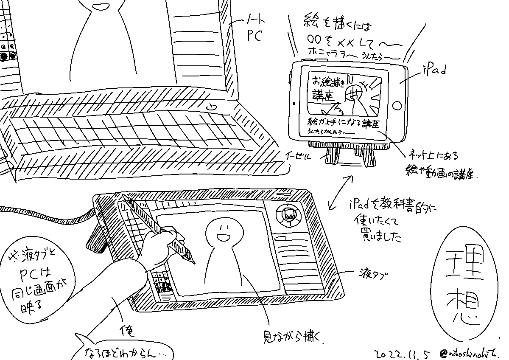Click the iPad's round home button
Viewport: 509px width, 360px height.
coord(397,105)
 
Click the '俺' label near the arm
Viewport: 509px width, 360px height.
coord(127,331)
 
